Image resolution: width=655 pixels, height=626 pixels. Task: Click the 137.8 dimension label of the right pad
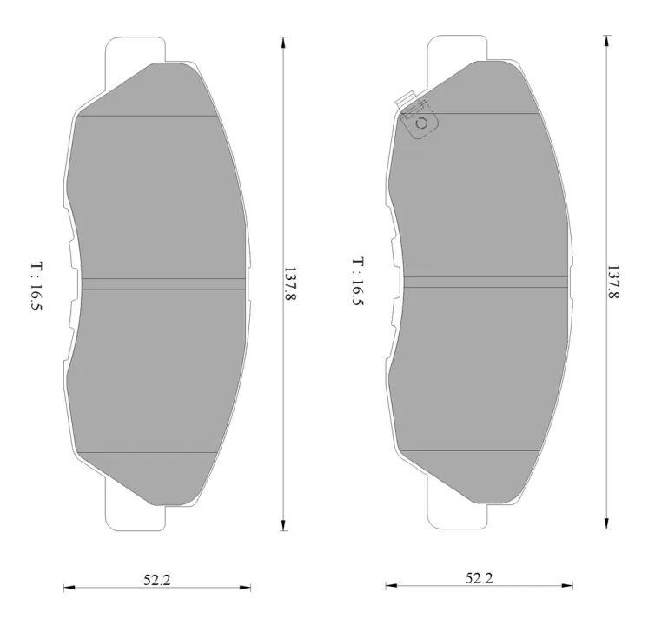tap(612, 282)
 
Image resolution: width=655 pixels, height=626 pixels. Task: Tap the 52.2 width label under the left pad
tap(157, 580)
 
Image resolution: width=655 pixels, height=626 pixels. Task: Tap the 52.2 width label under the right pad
tap(480, 578)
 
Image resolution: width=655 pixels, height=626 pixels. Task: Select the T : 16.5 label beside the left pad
tap(36, 286)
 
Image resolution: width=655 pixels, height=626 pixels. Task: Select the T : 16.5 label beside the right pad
tap(359, 282)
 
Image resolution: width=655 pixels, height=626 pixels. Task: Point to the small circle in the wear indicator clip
tap(421, 123)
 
